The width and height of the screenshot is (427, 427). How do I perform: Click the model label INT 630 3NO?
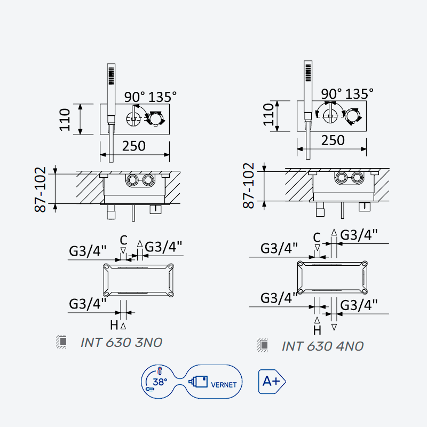[x=122, y=343]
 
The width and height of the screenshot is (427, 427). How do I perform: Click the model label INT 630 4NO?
[x=323, y=346]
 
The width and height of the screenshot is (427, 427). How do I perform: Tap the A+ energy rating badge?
[x=272, y=382]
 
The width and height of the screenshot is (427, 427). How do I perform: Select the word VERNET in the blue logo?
[x=224, y=385]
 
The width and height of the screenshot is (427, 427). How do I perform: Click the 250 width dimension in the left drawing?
[x=134, y=146]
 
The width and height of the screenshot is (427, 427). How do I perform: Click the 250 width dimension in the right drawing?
[x=333, y=140]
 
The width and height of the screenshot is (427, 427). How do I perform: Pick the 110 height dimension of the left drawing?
[x=65, y=120]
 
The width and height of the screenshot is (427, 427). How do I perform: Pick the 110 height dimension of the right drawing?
[x=268, y=115]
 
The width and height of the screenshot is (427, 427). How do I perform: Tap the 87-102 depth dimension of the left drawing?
[x=41, y=189]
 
